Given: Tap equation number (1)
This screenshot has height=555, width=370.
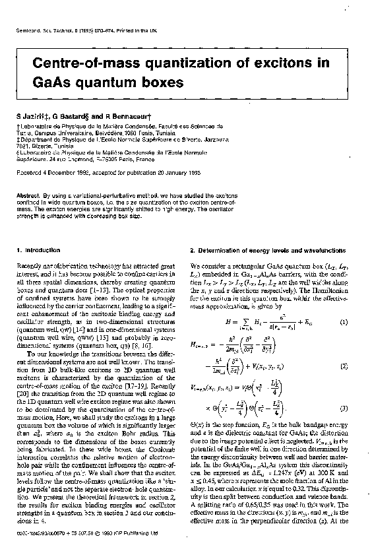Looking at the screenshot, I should [344, 321].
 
